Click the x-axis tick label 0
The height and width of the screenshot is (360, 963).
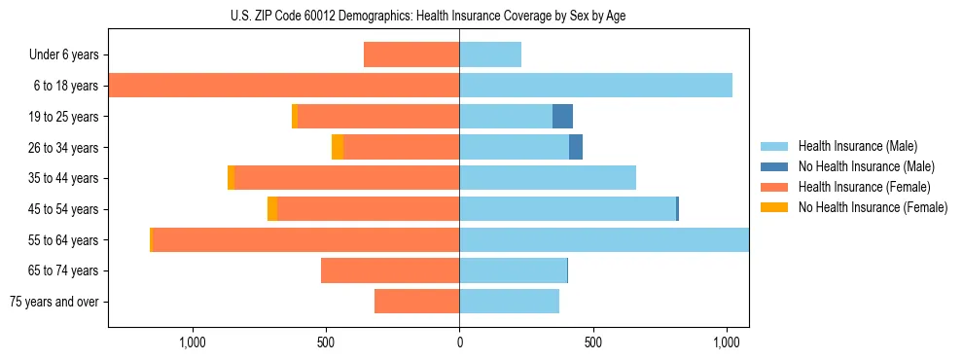[x=459, y=342]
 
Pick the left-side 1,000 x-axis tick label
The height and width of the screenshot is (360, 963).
[x=193, y=342]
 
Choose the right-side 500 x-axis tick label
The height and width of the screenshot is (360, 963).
[x=593, y=342]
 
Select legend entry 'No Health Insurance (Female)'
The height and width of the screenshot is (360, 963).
[x=873, y=207]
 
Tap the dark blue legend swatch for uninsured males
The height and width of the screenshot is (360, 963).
[x=775, y=166]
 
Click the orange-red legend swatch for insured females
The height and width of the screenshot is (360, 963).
[x=775, y=187]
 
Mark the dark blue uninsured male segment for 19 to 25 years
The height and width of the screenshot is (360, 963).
[x=562, y=117]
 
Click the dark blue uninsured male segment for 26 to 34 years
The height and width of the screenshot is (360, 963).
[x=576, y=147]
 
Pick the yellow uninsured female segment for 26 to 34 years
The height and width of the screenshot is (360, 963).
[x=338, y=147]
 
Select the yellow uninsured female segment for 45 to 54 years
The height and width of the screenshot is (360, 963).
[x=272, y=209]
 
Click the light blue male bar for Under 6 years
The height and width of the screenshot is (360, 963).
[x=490, y=54]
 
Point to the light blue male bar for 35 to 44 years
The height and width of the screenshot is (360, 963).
[x=548, y=178]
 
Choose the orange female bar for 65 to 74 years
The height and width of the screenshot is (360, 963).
[x=390, y=270]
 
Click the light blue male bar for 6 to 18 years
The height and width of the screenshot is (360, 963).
[x=595, y=86]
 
